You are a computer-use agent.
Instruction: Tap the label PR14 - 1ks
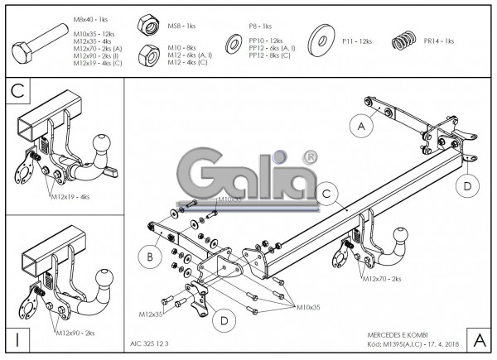click(438, 41)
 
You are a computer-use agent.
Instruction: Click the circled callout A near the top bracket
click(359, 126)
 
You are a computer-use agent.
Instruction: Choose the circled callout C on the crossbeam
click(327, 194)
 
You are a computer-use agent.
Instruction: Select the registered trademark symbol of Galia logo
click(310, 156)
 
